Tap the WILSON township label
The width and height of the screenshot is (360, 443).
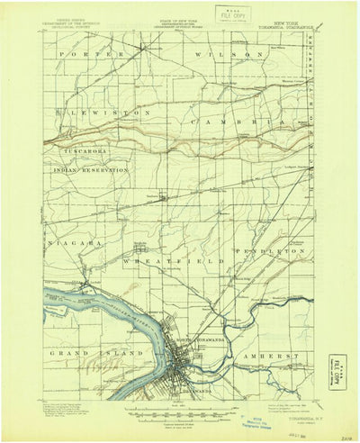(231, 55)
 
